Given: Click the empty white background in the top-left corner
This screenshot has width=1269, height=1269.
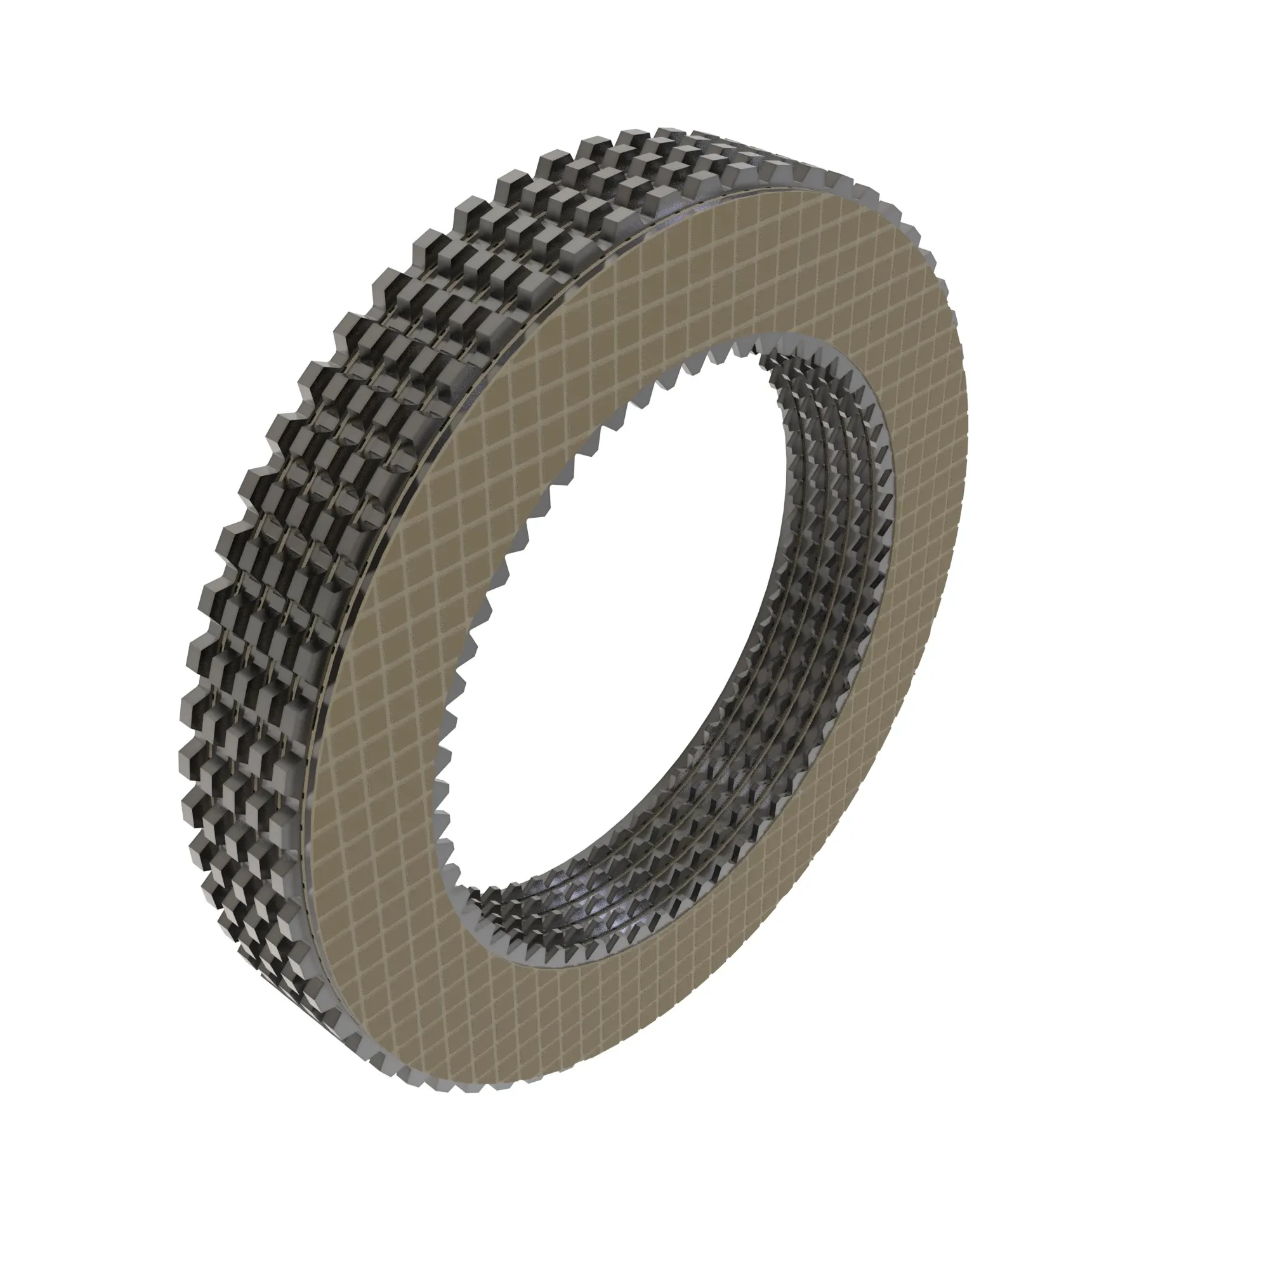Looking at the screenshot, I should pos(98,98).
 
